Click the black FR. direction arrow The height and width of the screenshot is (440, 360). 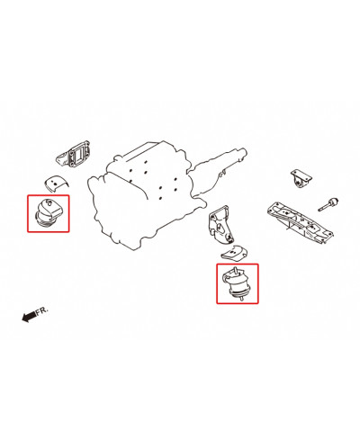29,316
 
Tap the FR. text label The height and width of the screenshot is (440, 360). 42,311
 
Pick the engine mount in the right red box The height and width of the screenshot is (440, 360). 238,283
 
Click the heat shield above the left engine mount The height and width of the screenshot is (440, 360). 56,182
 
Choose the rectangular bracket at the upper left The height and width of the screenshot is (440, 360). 75,157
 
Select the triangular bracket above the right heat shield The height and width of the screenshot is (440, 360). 220,224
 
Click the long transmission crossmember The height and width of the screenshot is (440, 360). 300,220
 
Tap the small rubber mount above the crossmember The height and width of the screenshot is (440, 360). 301,179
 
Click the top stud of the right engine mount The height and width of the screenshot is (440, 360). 237,270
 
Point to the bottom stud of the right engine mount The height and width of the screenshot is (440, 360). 241,298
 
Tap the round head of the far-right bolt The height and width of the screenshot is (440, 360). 334,202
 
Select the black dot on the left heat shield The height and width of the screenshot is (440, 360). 56,183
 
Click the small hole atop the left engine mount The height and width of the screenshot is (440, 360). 49,202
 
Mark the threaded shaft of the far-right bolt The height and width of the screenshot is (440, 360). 323,207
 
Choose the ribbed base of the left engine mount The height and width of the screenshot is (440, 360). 42,220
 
